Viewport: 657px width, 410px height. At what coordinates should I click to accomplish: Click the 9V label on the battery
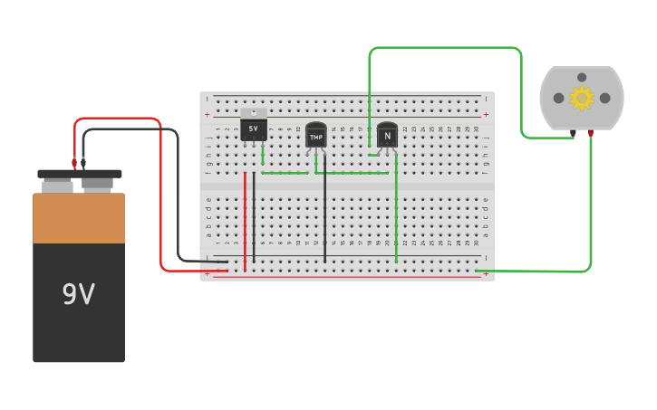click(78, 294)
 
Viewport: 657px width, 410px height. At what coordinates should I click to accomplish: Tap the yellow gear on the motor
click(581, 97)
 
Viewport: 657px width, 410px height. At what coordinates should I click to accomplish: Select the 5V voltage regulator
click(254, 129)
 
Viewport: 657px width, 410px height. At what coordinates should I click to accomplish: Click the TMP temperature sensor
click(315, 136)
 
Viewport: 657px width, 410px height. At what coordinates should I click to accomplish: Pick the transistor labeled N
click(387, 136)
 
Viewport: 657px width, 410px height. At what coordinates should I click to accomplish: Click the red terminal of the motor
click(590, 133)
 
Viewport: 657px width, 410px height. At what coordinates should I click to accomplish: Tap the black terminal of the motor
click(573, 133)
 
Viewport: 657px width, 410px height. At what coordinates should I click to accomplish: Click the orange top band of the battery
click(79, 218)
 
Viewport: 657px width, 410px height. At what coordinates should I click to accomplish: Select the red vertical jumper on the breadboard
click(245, 217)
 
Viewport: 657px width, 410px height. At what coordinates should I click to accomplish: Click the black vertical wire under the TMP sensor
click(324, 217)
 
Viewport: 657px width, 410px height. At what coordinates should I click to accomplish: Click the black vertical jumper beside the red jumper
click(254, 217)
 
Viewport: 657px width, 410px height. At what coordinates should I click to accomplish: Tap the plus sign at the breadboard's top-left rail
click(207, 115)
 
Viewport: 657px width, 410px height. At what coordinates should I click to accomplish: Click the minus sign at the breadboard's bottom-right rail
click(487, 258)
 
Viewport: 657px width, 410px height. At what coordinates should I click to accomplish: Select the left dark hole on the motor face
click(558, 98)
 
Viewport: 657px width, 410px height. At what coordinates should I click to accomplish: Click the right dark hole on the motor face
click(604, 98)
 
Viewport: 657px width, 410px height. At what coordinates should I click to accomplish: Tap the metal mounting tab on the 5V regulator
click(254, 113)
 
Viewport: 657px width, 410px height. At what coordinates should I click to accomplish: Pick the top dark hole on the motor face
click(582, 77)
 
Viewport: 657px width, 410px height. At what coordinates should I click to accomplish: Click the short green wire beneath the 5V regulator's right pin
click(263, 158)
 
